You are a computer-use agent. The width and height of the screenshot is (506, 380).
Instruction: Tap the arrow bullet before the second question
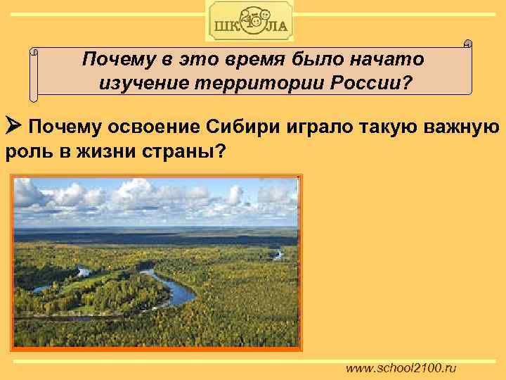pyautogui.click(x=15, y=127)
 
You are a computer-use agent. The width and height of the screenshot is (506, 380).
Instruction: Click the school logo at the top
pyautogui.click(x=250, y=21)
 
